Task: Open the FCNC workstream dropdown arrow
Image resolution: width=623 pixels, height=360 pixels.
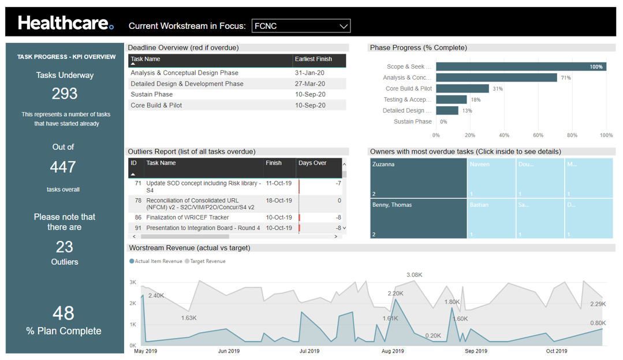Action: (x=343, y=26)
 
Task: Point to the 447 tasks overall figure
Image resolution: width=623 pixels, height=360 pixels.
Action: (x=63, y=167)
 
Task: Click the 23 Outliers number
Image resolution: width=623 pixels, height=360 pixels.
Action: (x=64, y=247)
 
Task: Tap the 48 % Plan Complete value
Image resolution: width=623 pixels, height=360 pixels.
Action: (x=64, y=313)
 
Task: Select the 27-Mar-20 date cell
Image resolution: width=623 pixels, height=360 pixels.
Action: (x=309, y=84)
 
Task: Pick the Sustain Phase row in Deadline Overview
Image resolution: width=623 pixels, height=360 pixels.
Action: (x=152, y=95)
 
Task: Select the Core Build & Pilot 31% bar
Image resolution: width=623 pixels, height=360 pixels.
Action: (x=462, y=89)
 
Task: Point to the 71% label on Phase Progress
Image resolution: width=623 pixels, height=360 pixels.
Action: (x=565, y=78)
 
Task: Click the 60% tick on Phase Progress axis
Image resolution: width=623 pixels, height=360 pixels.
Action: (x=538, y=135)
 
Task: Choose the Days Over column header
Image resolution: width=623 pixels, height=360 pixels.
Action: (x=312, y=164)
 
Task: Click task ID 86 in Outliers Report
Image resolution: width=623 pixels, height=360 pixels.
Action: (x=138, y=218)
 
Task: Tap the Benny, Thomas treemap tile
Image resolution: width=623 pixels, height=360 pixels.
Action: (x=418, y=218)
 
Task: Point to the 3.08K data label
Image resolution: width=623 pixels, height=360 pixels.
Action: (x=414, y=275)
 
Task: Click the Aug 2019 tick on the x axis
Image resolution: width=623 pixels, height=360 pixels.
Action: (x=393, y=351)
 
